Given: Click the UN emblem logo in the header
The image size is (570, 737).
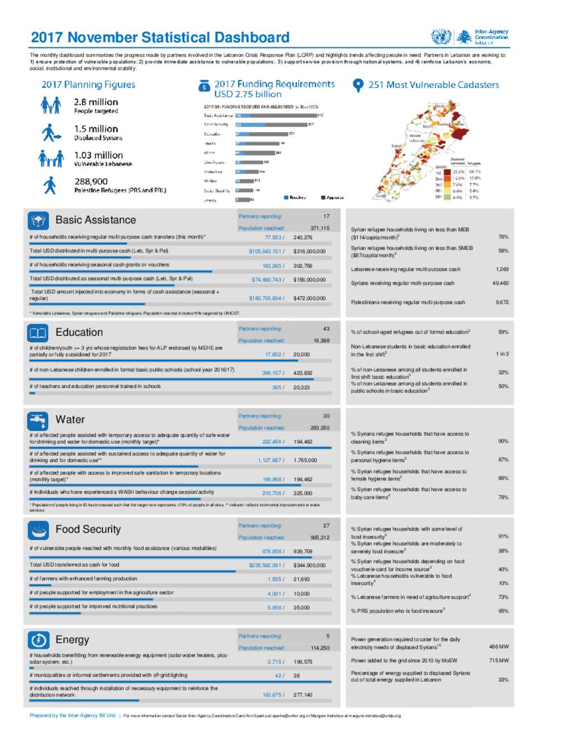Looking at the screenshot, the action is tap(441, 37).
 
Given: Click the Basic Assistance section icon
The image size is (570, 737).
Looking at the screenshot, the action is tap(38, 220).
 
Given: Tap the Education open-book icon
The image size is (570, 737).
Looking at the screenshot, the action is tap(38, 333).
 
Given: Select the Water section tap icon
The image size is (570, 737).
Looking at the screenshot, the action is tap(38, 420).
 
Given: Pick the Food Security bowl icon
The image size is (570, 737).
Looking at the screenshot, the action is tap(38, 530).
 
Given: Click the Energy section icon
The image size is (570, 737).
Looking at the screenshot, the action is tap(38, 640).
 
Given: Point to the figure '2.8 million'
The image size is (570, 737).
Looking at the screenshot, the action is tap(96, 102).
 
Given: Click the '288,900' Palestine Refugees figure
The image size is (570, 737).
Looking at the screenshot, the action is tap(91, 182).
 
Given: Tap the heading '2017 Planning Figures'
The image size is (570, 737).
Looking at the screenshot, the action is tap(89, 85).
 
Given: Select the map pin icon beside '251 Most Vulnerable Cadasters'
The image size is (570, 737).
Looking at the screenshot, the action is tap(358, 85).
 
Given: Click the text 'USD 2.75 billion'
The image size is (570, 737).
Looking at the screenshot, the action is tap(248, 95).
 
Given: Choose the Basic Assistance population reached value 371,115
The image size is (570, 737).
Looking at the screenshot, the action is tap(320, 228).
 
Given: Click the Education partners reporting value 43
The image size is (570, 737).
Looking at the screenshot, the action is tap(326, 329).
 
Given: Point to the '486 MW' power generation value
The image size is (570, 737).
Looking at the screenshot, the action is tap(499, 647).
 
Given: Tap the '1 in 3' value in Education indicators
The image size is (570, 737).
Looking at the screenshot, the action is tap(502, 354).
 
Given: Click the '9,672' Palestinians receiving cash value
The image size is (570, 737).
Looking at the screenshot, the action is tap(502, 303).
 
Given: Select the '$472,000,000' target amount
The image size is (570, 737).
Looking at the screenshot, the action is tap(309, 298).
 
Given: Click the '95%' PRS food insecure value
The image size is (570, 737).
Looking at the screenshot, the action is tap(503, 611).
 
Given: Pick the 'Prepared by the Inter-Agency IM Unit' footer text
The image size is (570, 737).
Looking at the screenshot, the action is tap(73, 715).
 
